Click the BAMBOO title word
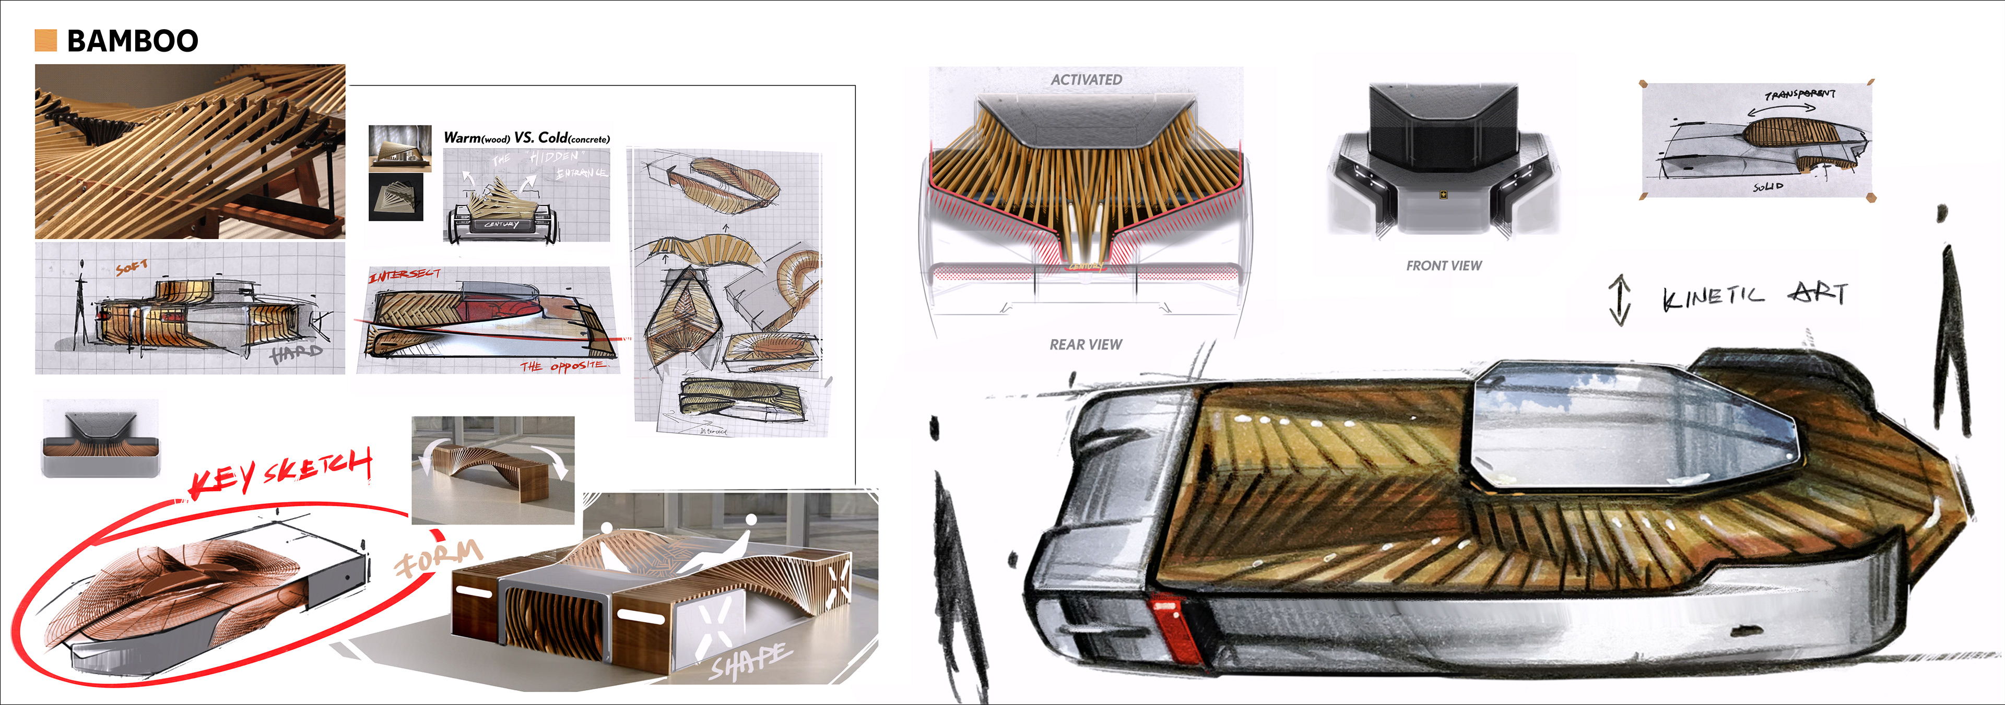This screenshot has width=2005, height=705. tap(132, 41)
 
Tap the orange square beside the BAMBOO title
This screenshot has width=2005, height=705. tap(46, 41)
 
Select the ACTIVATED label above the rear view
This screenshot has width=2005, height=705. tap(1086, 79)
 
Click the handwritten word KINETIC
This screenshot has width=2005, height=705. tap(1713, 297)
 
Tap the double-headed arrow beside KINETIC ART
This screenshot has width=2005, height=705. tap(1620, 300)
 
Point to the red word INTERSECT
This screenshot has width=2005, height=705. tap(404, 274)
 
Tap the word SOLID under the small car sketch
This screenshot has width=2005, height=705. tap(1768, 187)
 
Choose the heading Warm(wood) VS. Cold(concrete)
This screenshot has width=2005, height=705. tap(526, 138)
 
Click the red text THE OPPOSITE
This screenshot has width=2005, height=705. tap(562, 366)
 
